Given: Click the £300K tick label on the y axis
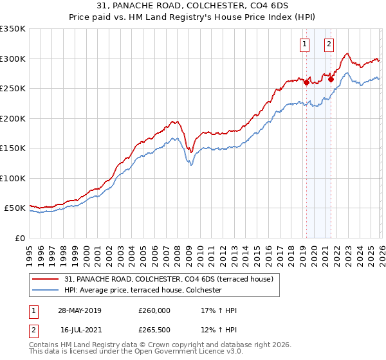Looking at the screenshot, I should pos(13,59).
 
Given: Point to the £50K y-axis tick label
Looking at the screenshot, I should pos(15,208).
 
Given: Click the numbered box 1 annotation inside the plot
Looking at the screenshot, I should pos(304,44).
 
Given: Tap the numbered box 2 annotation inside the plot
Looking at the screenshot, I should pos(329,44).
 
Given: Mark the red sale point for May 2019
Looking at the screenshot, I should pos(306,82).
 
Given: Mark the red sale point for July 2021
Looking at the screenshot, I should pos(331,80).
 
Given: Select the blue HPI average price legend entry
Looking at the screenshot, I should pos(143,291).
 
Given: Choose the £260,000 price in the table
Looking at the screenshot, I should pos(154,310).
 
